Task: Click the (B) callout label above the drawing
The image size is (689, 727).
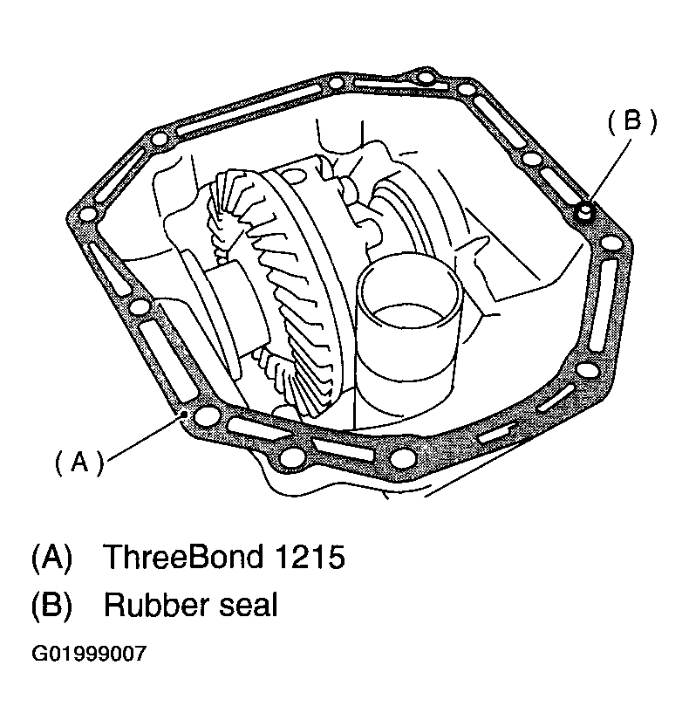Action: [632, 122]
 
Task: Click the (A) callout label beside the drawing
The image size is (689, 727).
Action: [79, 463]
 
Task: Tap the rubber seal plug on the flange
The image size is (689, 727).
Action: [585, 212]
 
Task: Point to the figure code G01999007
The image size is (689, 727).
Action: [89, 654]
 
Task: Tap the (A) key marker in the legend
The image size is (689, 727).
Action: [52, 557]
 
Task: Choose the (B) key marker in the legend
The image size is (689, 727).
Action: [52, 605]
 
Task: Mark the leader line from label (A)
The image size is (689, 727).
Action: [145, 438]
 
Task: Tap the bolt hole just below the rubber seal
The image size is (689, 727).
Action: [611, 244]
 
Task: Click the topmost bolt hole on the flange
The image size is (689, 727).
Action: [425, 78]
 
